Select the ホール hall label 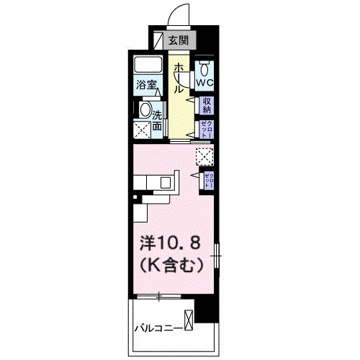click(x=177, y=78)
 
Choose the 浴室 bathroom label click(x=147, y=85)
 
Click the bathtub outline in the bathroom click(x=147, y=65)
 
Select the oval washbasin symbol click(x=145, y=112)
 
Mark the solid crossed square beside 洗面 click(x=142, y=131)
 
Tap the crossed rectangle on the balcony click(x=189, y=319)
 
